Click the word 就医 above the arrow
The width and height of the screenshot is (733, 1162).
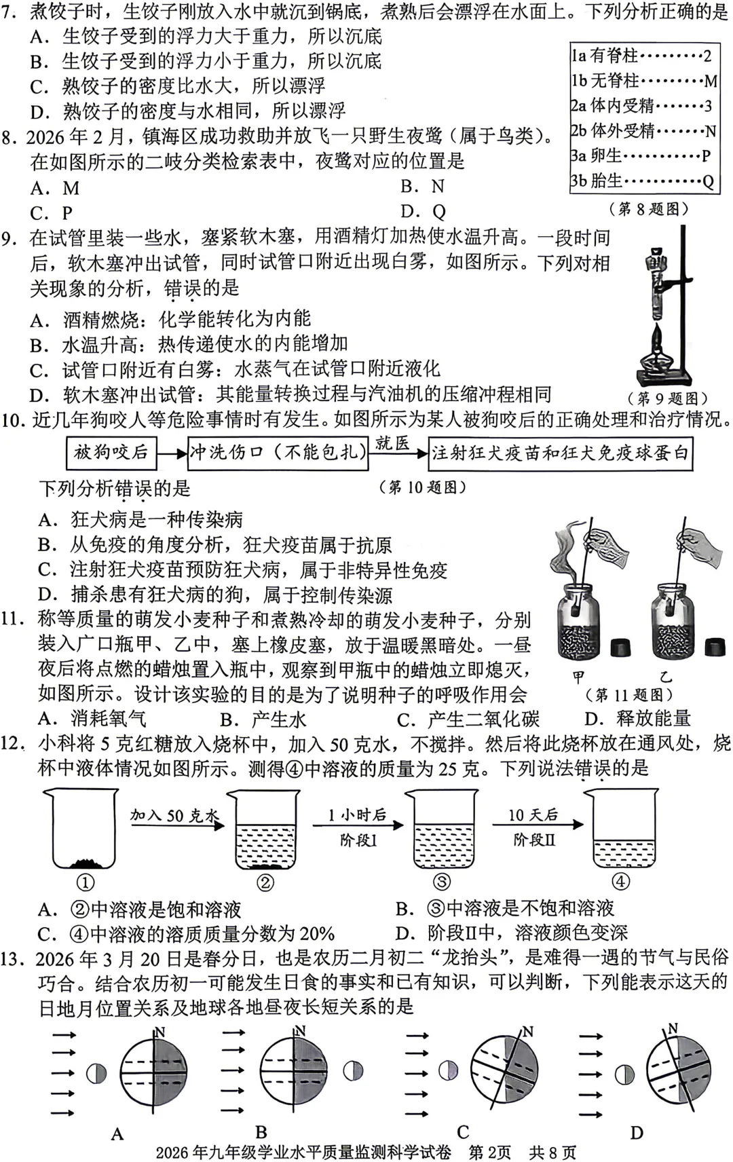click(x=393, y=444)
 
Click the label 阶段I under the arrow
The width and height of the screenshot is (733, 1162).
click(x=358, y=840)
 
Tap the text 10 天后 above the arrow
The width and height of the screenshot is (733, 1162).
click(x=533, y=814)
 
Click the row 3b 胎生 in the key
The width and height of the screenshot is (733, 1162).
click(x=642, y=181)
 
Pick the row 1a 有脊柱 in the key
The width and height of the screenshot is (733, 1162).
click(x=642, y=56)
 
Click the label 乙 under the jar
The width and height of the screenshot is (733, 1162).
click(x=666, y=676)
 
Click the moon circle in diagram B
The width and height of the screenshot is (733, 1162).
click(x=353, y=1071)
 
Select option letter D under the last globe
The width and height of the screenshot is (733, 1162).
click(x=636, y=1132)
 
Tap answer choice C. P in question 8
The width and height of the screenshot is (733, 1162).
click(x=52, y=213)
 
